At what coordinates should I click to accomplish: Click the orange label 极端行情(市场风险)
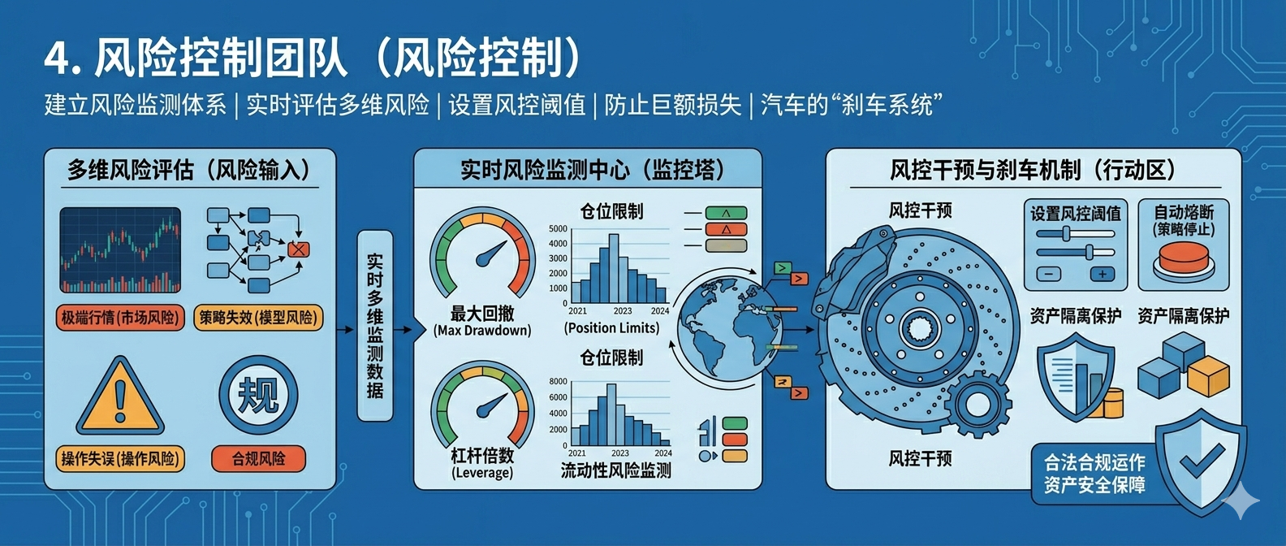pyautogui.click(x=120, y=318)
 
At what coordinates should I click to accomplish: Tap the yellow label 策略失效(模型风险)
pyautogui.click(x=258, y=318)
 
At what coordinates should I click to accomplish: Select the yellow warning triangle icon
pyautogui.click(x=120, y=396)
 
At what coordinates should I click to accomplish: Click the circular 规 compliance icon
pyautogui.click(x=258, y=395)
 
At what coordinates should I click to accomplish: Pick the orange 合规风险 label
pyautogui.click(x=258, y=458)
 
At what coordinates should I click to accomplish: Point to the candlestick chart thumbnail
pyautogui.click(x=120, y=250)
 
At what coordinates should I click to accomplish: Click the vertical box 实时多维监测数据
pyautogui.click(x=375, y=326)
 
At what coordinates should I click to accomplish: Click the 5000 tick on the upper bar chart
pyautogui.click(x=558, y=229)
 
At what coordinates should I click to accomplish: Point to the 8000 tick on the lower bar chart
pyautogui.click(x=558, y=381)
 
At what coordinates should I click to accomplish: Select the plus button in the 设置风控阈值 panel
pyautogui.click(x=1102, y=274)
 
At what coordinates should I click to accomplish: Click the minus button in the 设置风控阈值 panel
pyautogui.click(x=1048, y=274)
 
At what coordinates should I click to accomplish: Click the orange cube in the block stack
pyautogui.click(x=1209, y=375)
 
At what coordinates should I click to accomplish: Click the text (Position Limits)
pyautogui.click(x=611, y=328)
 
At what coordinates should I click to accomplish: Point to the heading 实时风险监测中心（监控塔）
pyautogui.click(x=593, y=170)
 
